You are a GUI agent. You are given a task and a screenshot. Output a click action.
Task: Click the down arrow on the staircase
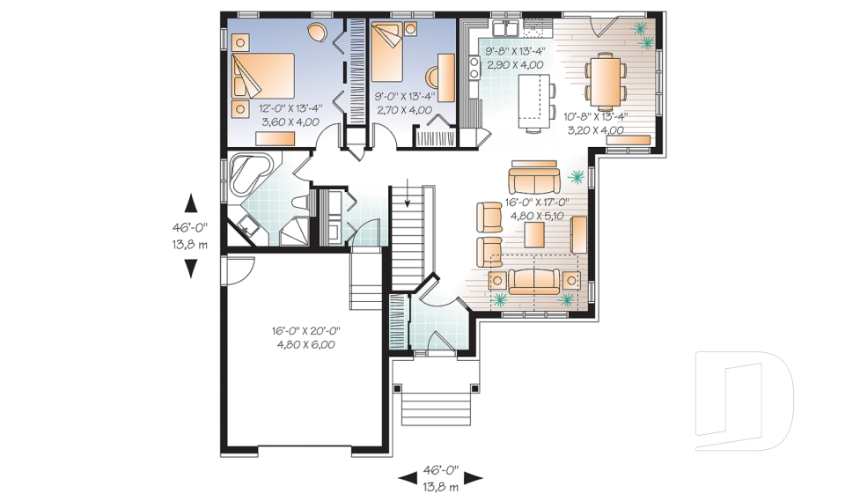(408, 200)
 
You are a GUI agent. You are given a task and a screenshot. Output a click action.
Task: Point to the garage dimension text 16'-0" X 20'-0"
(305, 331)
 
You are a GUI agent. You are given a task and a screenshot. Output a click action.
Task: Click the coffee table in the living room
(533, 236)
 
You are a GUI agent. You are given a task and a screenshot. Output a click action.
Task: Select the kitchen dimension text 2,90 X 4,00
(513, 64)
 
